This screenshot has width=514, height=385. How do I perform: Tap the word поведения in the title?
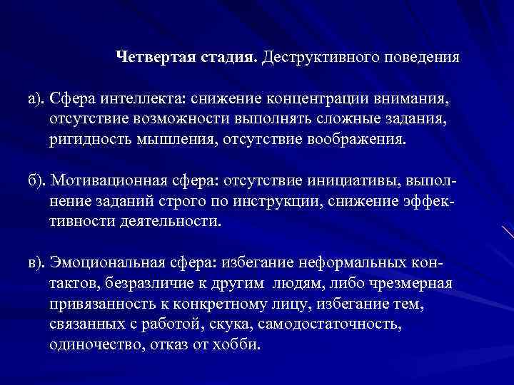coord(423,56)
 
